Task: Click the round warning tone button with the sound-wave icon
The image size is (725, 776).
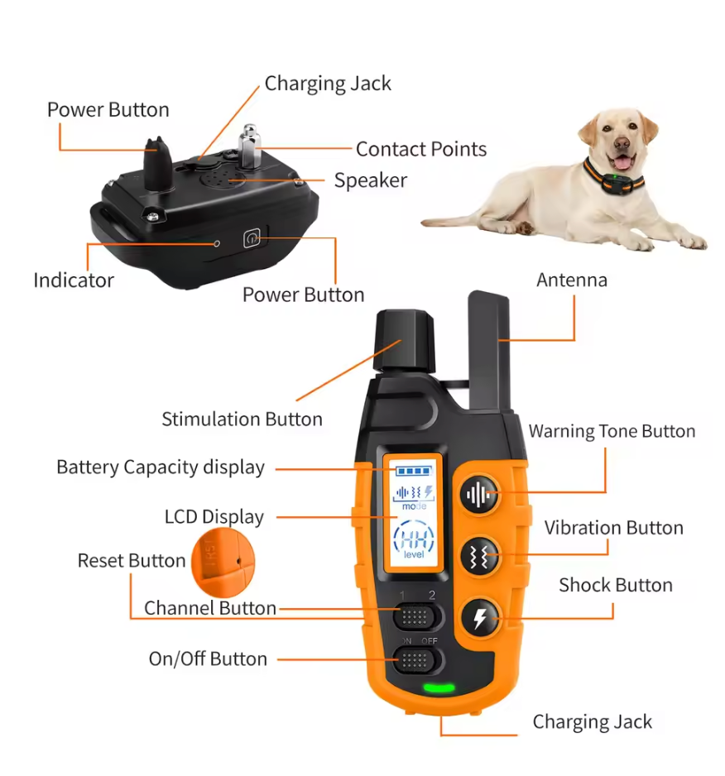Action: (480, 495)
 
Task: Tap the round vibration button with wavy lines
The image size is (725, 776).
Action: (480, 555)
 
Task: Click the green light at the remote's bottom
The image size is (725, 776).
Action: (439, 687)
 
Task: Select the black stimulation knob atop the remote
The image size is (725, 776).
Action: (405, 339)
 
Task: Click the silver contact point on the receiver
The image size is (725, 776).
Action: (250, 145)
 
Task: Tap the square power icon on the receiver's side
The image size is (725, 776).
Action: (252, 239)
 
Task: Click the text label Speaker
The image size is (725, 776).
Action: (370, 180)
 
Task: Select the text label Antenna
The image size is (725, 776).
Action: (571, 280)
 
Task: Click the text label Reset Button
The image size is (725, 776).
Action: (132, 560)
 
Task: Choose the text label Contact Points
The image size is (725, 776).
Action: (420, 149)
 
